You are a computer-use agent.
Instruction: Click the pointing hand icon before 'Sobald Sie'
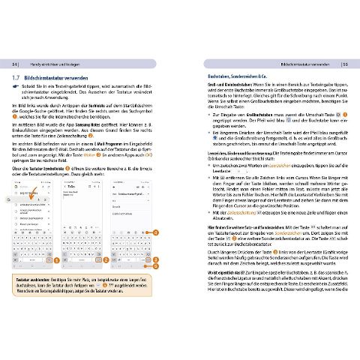point(16,87)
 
